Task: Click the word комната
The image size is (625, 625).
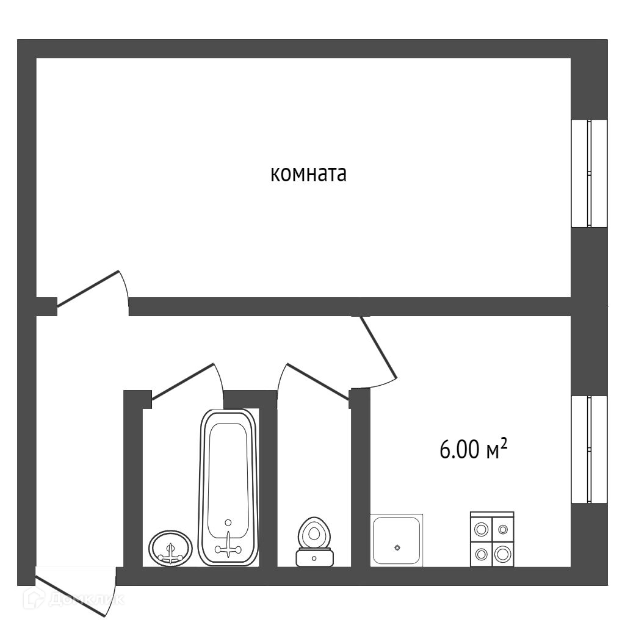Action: point(308,175)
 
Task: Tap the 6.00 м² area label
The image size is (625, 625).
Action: point(474,450)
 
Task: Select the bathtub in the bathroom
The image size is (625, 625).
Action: point(228,486)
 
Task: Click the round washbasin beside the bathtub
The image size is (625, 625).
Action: point(171,547)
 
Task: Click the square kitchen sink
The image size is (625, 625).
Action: point(397,540)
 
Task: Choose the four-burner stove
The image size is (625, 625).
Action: point(492,538)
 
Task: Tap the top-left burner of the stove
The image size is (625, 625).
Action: point(481,528)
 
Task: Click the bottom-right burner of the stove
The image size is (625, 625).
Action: point(503,554)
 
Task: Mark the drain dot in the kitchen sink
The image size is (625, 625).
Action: point(397,547)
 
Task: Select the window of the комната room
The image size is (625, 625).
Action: point(589,174)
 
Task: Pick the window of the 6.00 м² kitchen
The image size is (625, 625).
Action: point(589,450)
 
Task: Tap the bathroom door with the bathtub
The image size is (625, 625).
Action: point(183,382)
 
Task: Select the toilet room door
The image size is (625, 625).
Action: point(314,381)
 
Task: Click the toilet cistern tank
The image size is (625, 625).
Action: point(314,558)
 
